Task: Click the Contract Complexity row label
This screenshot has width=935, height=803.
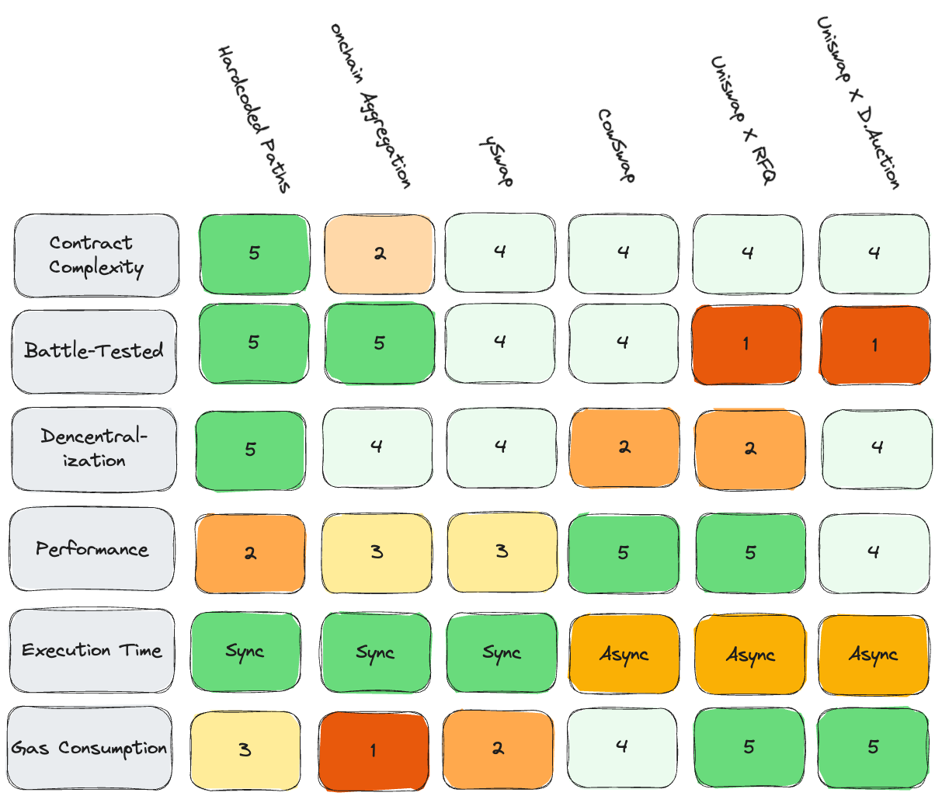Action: pos(96,255)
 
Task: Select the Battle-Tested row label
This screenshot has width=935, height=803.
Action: pos(94,351)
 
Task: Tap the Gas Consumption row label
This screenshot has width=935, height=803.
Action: pos(89,748)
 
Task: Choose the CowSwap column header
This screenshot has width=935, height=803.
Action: pos(617,146)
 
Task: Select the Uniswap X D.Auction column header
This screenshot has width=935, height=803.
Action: pos(858,103)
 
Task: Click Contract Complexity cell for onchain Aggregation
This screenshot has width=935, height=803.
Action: pos(379,254)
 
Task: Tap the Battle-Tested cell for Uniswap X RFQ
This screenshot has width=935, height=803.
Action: pos(747,344)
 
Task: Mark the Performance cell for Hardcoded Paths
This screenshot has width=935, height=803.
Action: pos(250,553)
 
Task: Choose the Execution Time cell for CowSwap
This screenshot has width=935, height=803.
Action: pos(624,654)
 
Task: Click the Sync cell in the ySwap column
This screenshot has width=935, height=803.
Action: pos(501,653)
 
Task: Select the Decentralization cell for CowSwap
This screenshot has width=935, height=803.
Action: pos(624,447)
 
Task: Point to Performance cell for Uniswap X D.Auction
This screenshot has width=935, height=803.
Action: pos(874,552)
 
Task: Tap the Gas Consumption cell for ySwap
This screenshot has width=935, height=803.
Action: pos(498,748)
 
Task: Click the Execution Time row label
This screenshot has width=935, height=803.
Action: pos(92,651)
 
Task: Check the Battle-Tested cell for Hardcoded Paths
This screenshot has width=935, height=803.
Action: pos(254,343)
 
